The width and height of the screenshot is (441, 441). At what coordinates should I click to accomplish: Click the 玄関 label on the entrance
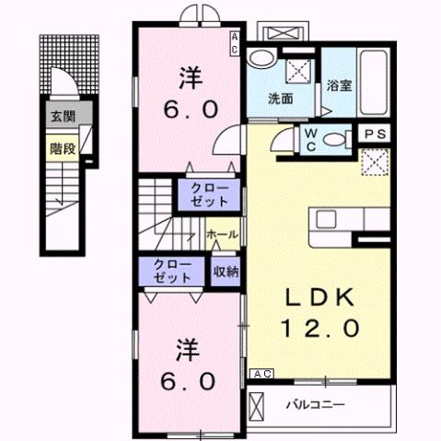click(x=64, y=117)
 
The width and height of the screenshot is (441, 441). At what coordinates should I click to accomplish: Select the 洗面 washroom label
click(x=280, y=99)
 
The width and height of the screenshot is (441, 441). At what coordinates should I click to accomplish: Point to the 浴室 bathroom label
click(x=338, y=87)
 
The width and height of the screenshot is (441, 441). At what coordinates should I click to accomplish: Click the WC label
click(x=309, y=139)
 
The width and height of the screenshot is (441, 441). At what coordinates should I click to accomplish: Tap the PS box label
click(x=375, y=134)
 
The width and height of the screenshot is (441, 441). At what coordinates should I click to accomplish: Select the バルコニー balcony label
click(x=314, y=402)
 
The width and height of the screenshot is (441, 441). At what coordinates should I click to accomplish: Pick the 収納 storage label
click(x=227, y=272)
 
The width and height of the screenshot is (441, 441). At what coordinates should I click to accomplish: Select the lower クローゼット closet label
click(x=167, y=272)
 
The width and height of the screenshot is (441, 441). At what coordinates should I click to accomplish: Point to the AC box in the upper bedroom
click(x=236, y=43)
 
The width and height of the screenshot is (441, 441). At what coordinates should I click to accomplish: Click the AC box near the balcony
click(x=261, y=374)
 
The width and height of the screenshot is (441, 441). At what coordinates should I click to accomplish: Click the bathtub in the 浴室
click(x=377, y=79)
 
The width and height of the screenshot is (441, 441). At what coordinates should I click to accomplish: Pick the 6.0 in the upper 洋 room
click(x=191, y=109)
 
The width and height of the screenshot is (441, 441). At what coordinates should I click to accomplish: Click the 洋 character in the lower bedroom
click(x=189, y=349)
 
